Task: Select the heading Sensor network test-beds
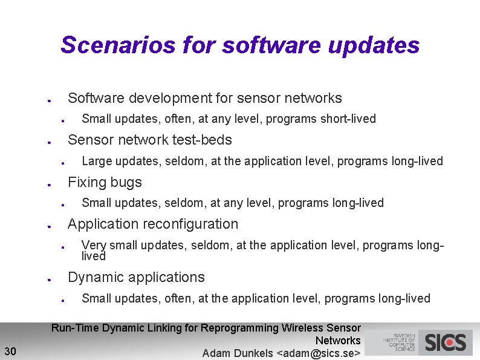tap(149, 140)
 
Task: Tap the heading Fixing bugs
tap(105, 182)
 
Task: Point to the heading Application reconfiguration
tap(153, 224)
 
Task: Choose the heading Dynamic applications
tap(136, 277)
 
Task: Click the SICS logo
tap(446, 342)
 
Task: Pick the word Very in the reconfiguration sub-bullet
tap(93, 245)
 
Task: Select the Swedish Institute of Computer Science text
tap(399, 342)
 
